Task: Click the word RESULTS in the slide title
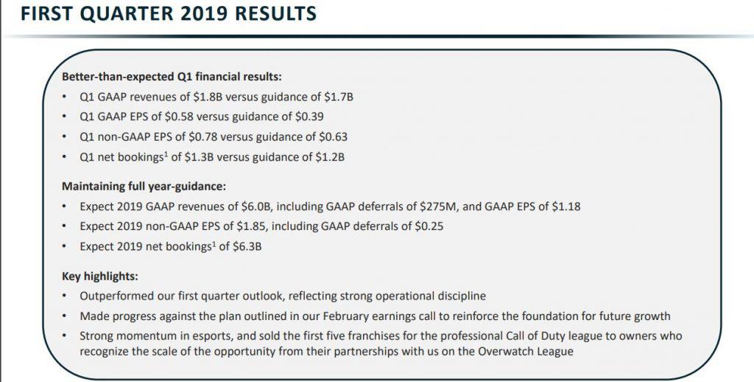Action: click(x=272, y=13)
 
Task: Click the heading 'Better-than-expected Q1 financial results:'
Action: click(x=172, y=77)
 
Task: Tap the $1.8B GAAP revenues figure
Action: click(x=208, y=97)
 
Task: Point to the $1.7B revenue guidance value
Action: click(x=339, y=97)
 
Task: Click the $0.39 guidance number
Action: click(x=309, y=117)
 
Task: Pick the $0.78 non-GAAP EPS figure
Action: click(x=202, y=137)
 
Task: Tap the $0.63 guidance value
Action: click(x=333, y=137)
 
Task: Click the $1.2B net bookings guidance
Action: click(x=330, y=157)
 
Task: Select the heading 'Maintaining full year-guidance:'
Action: click(x=144, y=186)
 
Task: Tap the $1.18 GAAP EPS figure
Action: click(x=566, y=206)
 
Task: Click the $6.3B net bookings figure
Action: click(x=247, y=246)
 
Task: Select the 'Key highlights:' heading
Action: click(x=100, y=277)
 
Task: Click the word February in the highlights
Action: click(x=345, y=316)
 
